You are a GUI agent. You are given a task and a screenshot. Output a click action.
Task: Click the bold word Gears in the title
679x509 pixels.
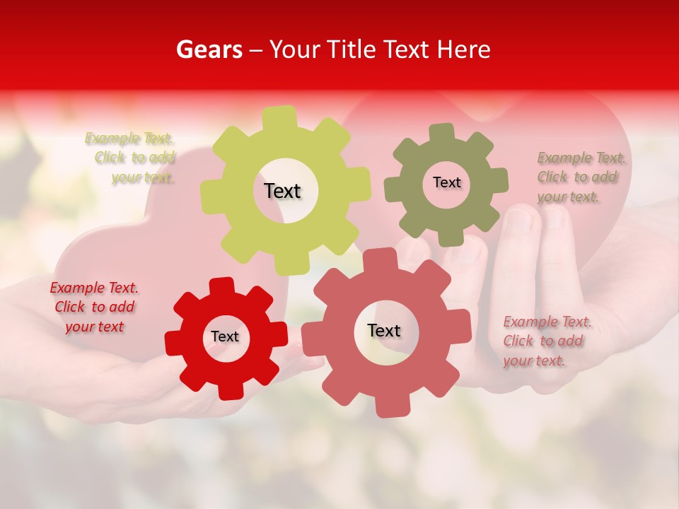point(208,49)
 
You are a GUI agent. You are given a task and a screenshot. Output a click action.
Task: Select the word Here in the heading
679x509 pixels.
point(464,49)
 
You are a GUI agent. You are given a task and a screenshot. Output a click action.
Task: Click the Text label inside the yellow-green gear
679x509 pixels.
point(282,191)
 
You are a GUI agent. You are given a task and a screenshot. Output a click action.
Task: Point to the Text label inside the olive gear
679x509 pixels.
point(446,182)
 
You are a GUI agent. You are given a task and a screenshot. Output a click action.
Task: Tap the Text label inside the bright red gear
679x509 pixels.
point(225,337)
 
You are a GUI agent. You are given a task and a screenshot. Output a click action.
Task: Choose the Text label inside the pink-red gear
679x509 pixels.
point(384,330)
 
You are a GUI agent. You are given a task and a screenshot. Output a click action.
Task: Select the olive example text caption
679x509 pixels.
point(580,177)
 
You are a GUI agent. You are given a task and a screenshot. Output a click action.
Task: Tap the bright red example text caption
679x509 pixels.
point(94,307)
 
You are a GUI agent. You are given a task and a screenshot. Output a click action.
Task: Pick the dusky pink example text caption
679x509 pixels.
point(546,341)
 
